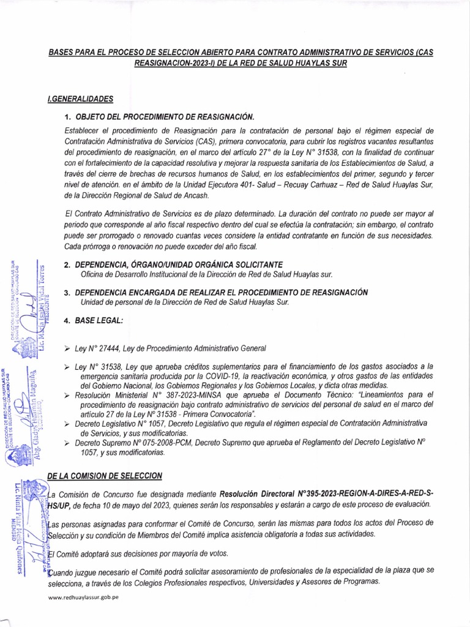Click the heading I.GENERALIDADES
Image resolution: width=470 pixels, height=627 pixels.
[80, 98]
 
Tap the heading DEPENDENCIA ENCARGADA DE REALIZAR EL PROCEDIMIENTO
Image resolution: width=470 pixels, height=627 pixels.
[224, 293]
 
